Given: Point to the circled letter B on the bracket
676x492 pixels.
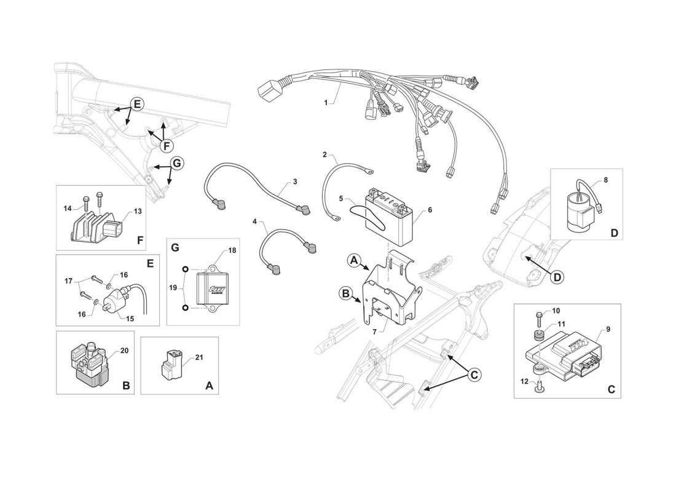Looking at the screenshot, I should (345, 294).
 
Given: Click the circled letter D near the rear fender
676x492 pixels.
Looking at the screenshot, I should (556, 277).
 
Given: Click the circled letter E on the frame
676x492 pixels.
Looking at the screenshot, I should (136, 104).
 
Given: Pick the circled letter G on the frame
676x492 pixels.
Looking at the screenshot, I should (177, 163).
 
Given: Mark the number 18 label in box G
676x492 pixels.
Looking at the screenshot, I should (232, 251).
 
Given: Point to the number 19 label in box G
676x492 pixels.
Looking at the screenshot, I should (171, 287).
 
